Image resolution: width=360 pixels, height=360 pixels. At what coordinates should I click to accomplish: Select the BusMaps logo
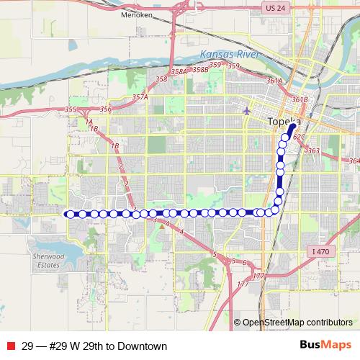click(325, 346)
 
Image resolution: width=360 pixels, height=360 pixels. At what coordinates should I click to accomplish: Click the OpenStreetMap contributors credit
click(297, 323)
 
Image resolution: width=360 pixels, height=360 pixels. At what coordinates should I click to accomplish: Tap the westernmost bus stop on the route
click(69, 213)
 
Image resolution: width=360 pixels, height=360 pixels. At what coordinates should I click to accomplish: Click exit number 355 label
click(70, 109)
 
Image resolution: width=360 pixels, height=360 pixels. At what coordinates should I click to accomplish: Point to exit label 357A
click(140, 96)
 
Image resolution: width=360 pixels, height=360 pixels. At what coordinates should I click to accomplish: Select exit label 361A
click(274, 81)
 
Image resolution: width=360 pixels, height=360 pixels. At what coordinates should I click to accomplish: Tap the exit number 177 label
click(243, 284)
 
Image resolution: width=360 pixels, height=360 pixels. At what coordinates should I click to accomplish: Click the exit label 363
click(312, 150)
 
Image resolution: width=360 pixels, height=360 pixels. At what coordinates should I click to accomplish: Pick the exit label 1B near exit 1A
click(94, 128)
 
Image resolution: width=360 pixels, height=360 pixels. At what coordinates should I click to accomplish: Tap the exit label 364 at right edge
click(353, 161)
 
